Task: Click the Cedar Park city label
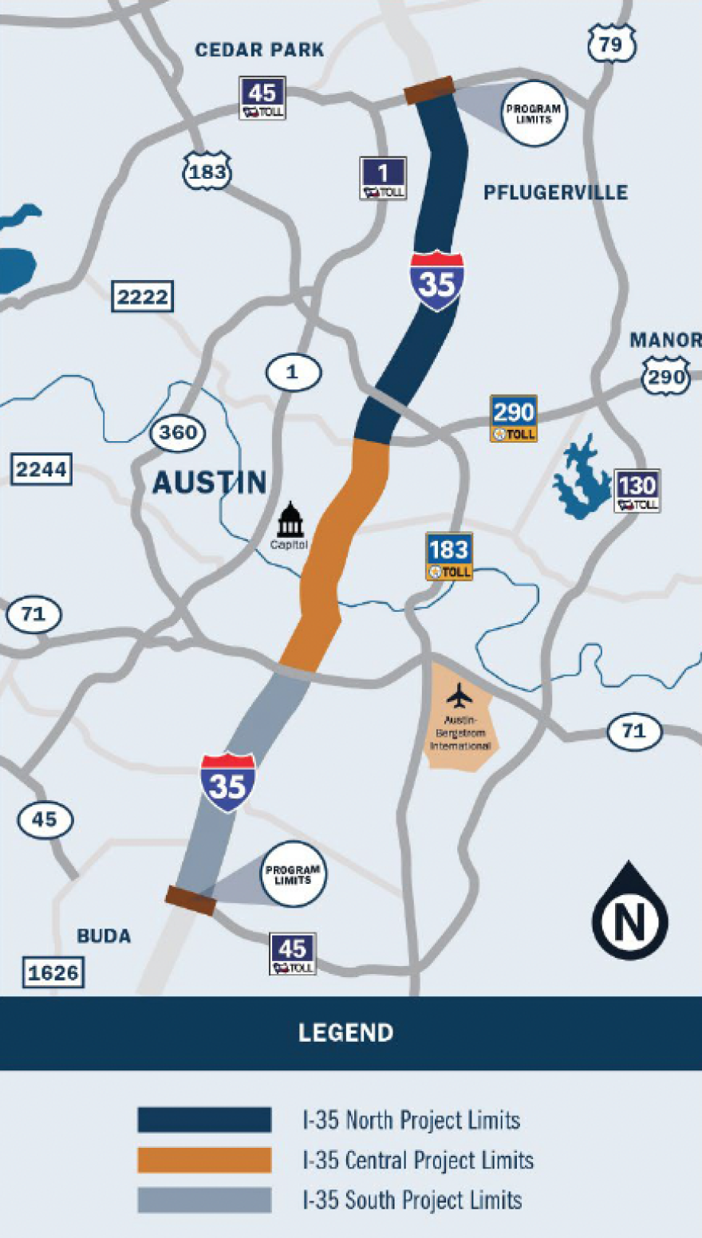(259, 49)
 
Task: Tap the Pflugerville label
(555, 192)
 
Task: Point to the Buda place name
(104, 936)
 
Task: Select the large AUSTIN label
(209, 483)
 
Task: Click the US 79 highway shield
(611, 44)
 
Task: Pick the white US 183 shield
(207, 172)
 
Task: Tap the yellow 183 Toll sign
(449, 556)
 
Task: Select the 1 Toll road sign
(383, 178)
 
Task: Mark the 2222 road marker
(142, 297)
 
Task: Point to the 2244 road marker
(41, 469)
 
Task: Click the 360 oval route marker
(178, 433)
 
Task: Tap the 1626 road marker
(53, 973)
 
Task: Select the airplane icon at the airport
(459, 696)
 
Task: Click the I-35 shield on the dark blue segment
(437, 282)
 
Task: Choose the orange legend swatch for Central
(204, 1160)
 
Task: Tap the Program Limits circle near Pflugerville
(534, 113)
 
